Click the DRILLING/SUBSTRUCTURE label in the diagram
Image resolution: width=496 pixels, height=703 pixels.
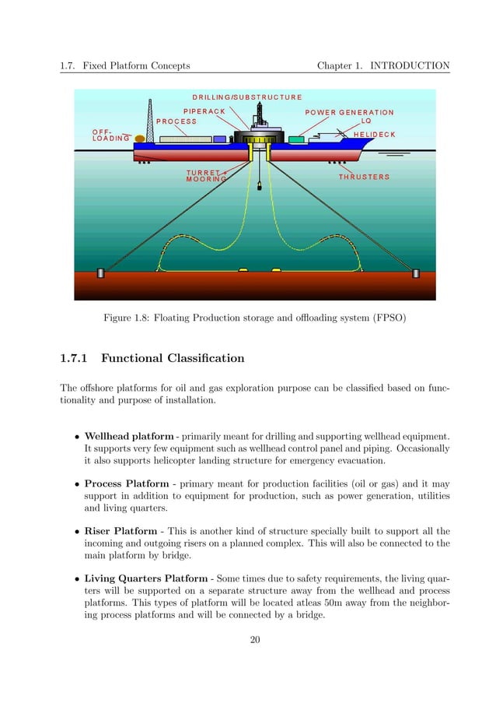point(247,97)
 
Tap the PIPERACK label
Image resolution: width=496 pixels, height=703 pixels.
point(204,111)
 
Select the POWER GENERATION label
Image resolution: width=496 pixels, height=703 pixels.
point(349,112)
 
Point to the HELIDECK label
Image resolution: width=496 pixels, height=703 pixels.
point(374,135)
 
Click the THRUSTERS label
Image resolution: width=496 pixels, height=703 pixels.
point(364,178)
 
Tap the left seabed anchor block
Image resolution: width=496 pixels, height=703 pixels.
point(100,272)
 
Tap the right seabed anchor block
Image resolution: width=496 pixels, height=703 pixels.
point(416,273)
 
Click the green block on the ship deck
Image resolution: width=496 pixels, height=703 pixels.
point(295,139)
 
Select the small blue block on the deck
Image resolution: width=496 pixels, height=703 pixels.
point(220,139)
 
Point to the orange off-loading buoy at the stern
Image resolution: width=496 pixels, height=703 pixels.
point(140,139)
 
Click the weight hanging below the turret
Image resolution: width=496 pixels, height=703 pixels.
point(257,188)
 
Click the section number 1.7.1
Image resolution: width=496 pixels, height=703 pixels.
point(75,359)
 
